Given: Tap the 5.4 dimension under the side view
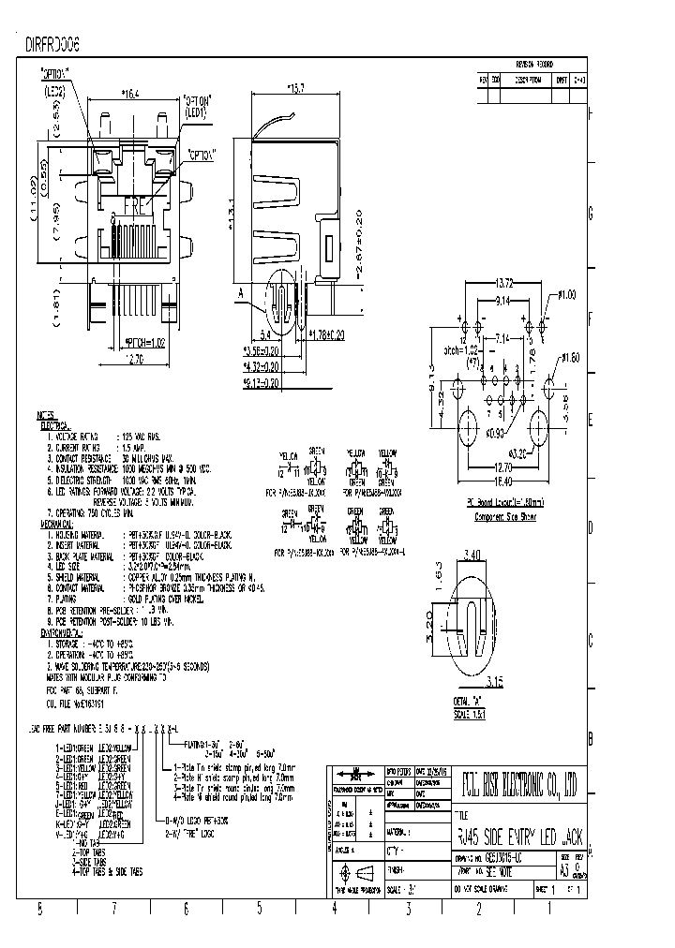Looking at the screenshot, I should pyautogui.click(x=264, y=333).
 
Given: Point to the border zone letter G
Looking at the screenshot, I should pyautogui.click(x=590, y=215).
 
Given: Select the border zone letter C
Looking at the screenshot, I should pyautogui.click(x=590, y=640).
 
